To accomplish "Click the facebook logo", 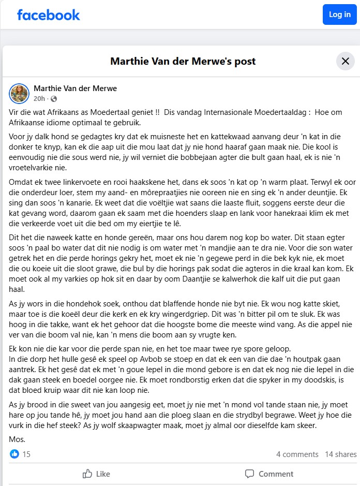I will (x=48, y=15).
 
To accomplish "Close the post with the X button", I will (x=345, y=61).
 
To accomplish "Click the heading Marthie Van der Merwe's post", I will (x=183, y=62).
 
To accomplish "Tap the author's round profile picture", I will (x=19, y=93).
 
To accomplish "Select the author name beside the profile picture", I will (x=75, y=89).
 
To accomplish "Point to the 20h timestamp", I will (x=39, y=99).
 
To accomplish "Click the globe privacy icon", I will (x=54, y=99).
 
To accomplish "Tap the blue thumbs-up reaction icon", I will (x=14, y=454).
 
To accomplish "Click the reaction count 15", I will (x=26, y=454).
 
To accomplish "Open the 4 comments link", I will (x=297, y=454).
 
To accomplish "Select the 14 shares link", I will (x=340, y=454).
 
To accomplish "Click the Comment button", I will (x=269, y=474).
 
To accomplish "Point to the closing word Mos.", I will (x=18, y=439).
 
